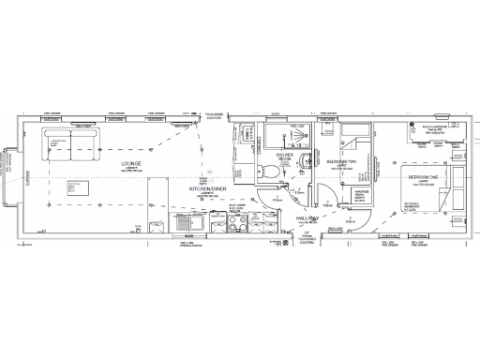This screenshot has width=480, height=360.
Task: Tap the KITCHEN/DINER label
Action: pos(207,188)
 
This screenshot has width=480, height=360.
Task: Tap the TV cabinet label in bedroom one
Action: pos(412,206)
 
